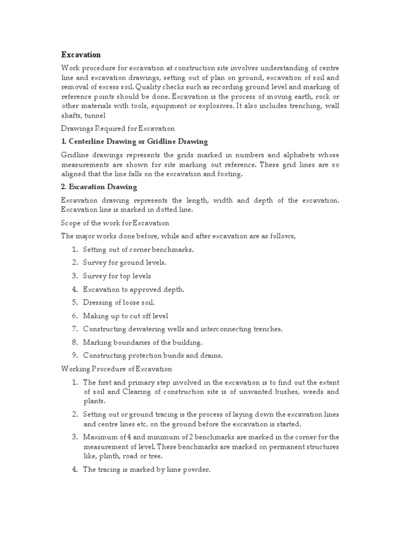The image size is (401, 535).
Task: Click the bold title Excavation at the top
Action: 81,54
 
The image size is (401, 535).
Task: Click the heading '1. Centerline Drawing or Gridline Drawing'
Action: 134,141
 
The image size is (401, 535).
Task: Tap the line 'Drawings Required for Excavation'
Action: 117,128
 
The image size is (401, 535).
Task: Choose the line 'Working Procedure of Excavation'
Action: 116,369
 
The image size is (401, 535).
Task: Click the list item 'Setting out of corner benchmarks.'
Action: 138,249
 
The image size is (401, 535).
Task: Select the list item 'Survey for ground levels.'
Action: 124,262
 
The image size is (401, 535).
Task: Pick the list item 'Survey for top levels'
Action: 117,275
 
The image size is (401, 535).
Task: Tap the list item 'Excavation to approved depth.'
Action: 134,289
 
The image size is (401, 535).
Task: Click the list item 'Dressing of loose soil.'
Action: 119,302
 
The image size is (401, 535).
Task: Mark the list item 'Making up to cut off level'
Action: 125,316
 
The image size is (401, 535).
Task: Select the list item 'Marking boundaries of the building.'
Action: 143,342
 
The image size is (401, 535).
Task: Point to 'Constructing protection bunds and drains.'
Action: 152,355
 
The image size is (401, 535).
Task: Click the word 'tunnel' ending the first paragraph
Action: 95,115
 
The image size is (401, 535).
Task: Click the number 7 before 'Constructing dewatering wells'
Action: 75,329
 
